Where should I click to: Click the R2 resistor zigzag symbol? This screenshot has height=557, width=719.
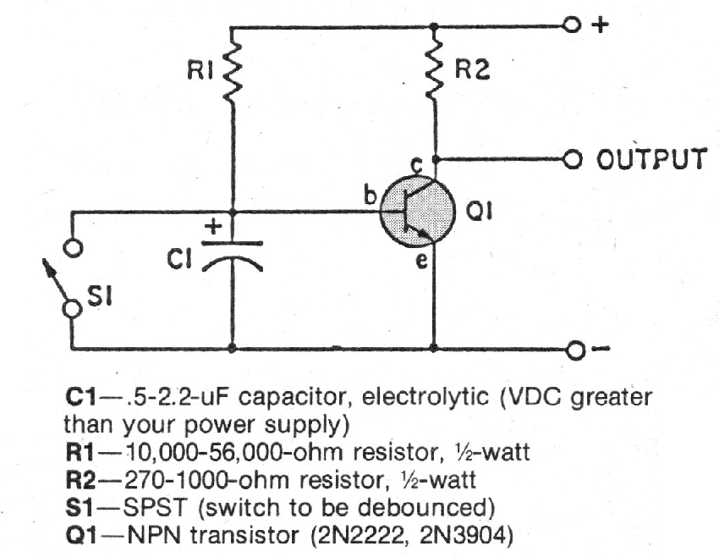pos(436,72)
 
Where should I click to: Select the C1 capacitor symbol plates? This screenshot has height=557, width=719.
pos(233,254)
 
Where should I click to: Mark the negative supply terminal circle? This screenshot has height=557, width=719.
pos(575,349)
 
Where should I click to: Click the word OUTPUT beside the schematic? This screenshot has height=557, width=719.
pos(649,159)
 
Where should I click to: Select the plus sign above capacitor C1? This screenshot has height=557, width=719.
pos(215,226)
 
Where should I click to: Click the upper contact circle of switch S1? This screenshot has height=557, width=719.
pos(74,249)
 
